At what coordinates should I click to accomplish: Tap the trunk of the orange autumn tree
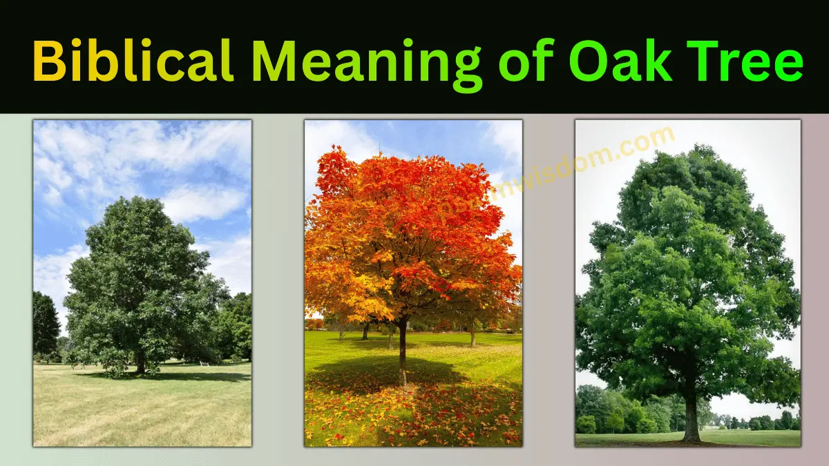[402, 352]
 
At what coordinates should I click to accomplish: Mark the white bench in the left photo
[204, 362]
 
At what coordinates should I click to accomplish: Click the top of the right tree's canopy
[691, 155]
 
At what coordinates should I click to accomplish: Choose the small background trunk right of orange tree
[473, 338]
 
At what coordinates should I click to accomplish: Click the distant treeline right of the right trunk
[760, 421]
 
